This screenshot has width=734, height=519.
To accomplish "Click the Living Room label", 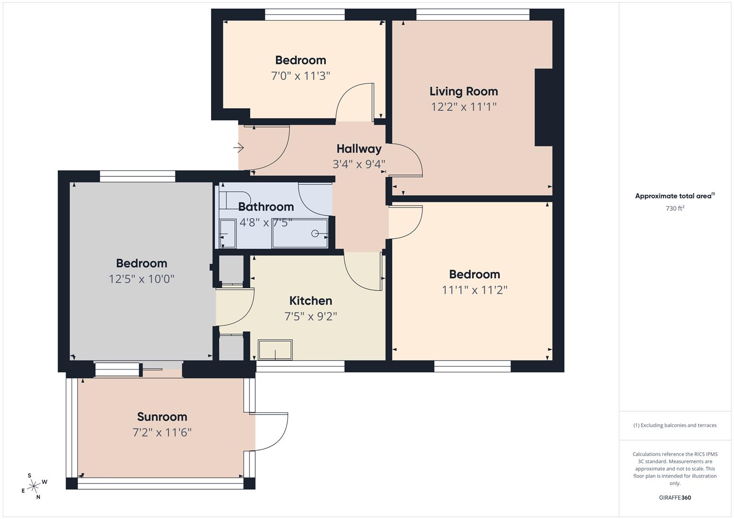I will tap(463, 91).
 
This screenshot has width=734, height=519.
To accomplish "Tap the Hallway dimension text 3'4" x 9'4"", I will tap(359, 164).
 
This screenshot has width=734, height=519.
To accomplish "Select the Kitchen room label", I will tap(311, 301).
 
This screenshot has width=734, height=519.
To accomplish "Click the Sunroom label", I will tap(162, 417).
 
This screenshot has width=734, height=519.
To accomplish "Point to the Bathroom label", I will tap(266, 207).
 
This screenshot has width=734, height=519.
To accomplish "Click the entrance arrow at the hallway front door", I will tap(238, 148).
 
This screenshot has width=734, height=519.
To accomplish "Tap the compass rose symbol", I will tap(34, 486).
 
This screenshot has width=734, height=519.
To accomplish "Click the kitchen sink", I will tap(275, 350).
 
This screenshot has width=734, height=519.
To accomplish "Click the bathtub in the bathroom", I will tap(300, 234).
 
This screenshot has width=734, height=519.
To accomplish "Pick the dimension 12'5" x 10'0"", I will tap(141, 279).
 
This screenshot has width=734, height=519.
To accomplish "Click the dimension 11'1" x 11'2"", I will tap(474, 290).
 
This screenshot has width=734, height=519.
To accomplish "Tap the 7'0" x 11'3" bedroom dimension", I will tap(300, 76).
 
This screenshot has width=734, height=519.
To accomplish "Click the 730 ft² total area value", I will tap(674, 209).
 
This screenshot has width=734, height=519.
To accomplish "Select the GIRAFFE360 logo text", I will tap(674, 497).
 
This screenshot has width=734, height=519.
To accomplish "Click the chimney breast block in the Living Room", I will tap(544, 107).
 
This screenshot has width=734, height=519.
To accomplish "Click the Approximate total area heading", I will tap(674, 196).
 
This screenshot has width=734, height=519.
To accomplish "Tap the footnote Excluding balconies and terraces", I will tap(674, 425).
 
